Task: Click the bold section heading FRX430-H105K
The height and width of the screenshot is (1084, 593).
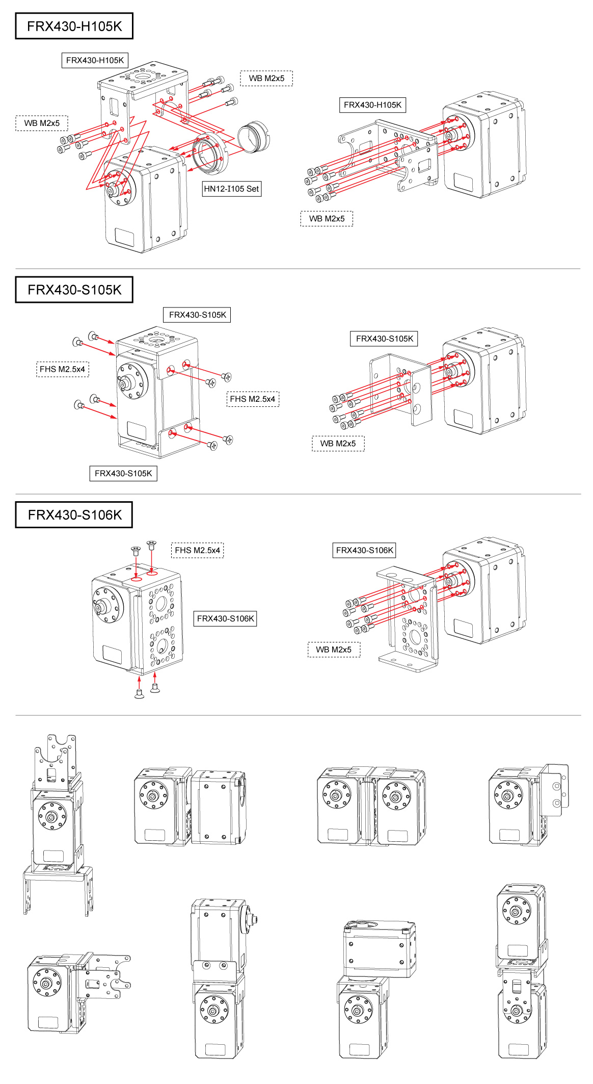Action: click(x=74, y=26)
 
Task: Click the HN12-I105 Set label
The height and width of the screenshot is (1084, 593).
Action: click(x=231, y=189)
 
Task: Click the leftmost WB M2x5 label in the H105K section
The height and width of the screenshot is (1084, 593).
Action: click(x=42, y=123)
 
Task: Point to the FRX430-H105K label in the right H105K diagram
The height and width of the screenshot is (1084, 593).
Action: click(x=372, y=105)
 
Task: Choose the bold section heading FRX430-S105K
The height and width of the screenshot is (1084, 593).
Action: click(x=74, y=290)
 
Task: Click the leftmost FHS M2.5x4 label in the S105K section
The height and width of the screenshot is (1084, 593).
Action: click(x=62, y=369)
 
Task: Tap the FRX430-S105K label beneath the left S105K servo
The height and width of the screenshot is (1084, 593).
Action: click(x=123, y=473)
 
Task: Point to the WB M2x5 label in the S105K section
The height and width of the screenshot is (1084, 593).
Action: click(x=338, y=444)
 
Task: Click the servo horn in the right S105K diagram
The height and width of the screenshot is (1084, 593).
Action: click(x=457, y=369)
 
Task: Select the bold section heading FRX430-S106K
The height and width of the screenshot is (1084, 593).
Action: click(x=74, y=515)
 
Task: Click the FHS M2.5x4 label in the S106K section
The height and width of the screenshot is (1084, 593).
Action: click(x=197, y=550)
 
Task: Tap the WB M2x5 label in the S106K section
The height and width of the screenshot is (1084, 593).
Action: click(x=334, y=650)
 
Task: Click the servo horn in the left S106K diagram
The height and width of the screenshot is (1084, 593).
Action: click(x=107, y=605)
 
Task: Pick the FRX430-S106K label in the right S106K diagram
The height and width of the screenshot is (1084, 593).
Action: click(x=364, y=550)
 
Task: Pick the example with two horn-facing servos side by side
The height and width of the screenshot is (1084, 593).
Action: click(x=371, y=806)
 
